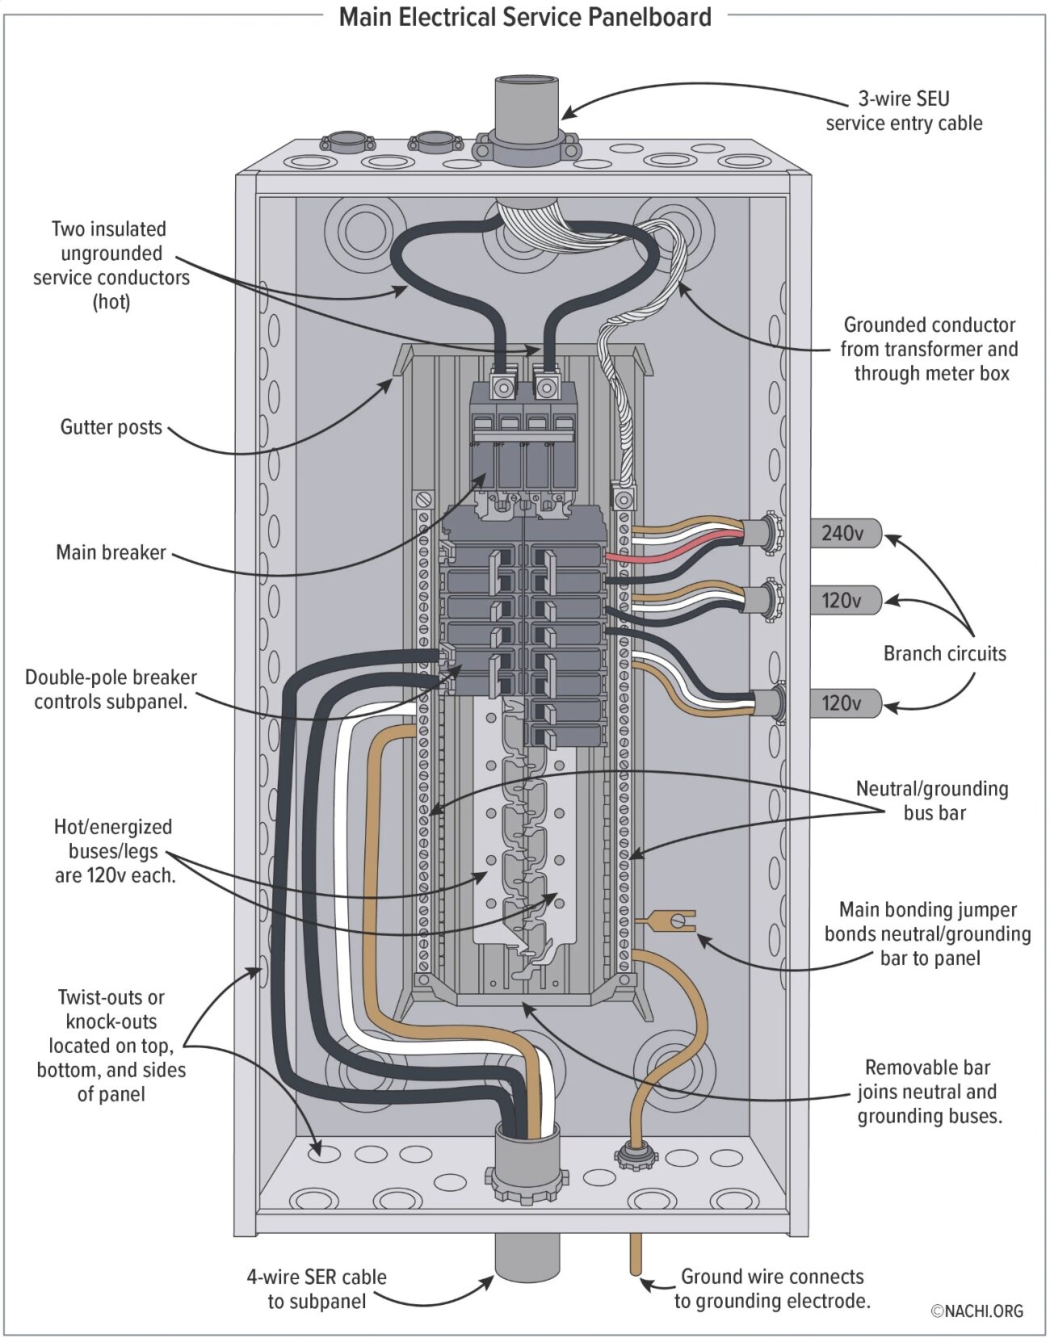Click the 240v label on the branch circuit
842,533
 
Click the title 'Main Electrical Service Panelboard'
525,17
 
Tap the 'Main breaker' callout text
111,552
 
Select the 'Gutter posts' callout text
111,427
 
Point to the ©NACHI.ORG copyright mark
976,1311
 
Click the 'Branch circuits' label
944,653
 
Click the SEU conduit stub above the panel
527,105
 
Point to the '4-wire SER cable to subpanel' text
317,1289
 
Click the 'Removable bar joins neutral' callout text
929,1092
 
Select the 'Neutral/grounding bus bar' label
932,800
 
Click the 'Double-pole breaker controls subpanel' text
111,689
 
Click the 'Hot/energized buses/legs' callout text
113,850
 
